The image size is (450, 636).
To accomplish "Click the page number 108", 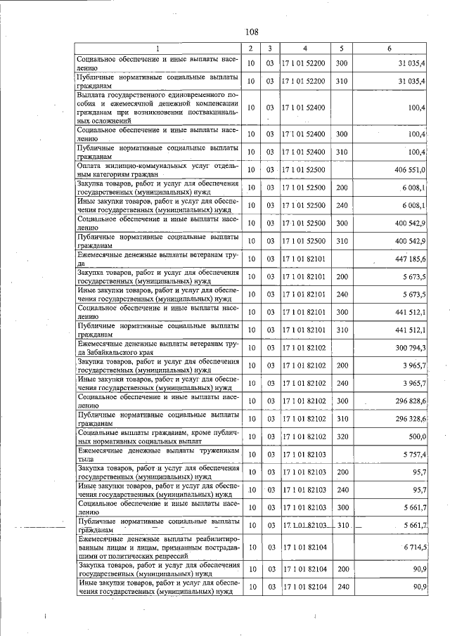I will tap(252, 32).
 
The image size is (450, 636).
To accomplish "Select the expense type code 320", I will tap(342, 436).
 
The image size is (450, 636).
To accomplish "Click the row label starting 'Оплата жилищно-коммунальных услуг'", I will tap(160, 169).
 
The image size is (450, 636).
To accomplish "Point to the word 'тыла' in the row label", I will tap(86, 459).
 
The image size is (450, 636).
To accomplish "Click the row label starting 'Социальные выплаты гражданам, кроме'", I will tap(160, 436).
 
